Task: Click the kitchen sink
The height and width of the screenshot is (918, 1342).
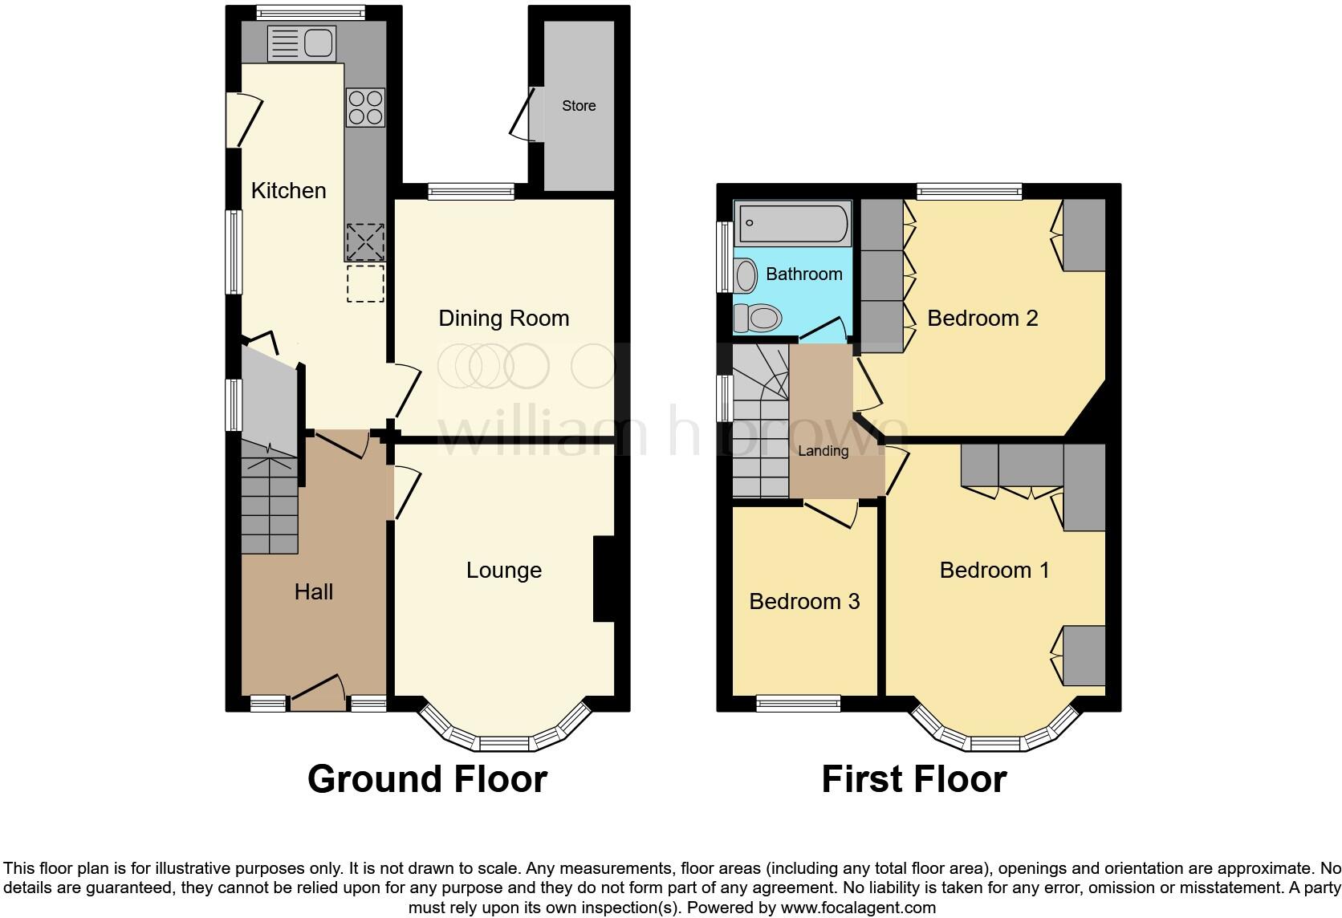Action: (301, 43)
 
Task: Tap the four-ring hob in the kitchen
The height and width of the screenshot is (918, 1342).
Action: (365, 108)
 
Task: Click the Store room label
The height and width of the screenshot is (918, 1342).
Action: (579, 106)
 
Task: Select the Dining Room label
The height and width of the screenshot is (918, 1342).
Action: (504, 319)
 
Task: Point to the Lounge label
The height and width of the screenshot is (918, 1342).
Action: (504, 571)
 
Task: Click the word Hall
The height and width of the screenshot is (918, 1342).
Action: (313, 592)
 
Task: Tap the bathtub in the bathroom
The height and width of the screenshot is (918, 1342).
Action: (793, 223)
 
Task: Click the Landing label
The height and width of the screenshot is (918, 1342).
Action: (823, 451)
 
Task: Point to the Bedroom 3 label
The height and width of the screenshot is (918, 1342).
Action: (804, 602)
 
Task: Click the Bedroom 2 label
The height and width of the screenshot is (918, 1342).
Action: (982, 319)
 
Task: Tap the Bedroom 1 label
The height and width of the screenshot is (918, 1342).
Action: (994, 571)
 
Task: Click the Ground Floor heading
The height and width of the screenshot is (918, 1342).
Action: (427, 779)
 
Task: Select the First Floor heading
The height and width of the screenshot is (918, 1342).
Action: (913, 779)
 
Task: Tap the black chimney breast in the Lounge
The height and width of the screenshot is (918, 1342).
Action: (603, 579)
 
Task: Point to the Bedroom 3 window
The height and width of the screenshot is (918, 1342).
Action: (798, 705)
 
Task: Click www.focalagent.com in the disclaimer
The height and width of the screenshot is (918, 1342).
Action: (857, 908)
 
